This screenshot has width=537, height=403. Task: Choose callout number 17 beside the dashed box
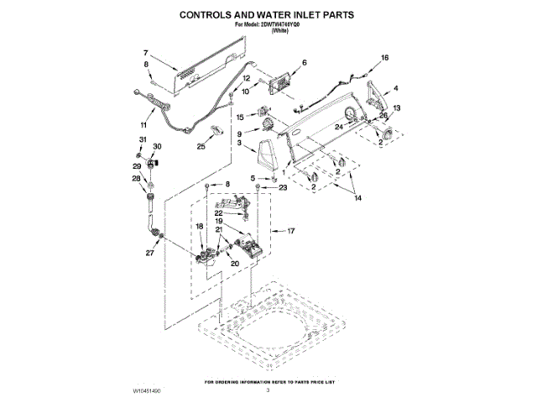pos(292,230)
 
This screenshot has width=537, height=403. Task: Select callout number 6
pos(304,62)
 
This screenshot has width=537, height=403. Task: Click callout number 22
pos(217,213)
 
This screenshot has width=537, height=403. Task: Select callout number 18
pos(200,226)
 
